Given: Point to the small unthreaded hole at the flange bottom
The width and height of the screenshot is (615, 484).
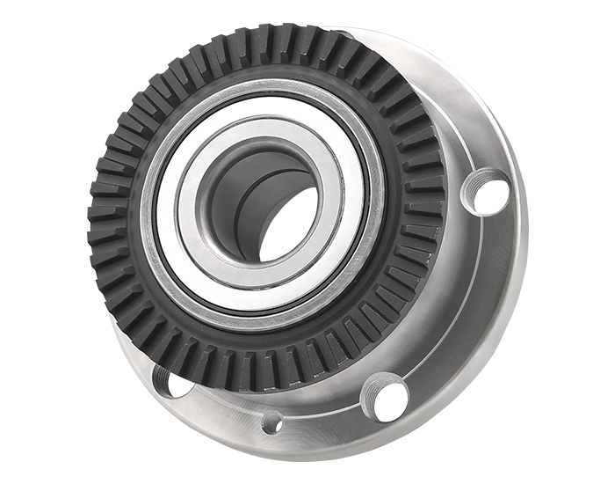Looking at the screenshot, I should click(272, 421).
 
